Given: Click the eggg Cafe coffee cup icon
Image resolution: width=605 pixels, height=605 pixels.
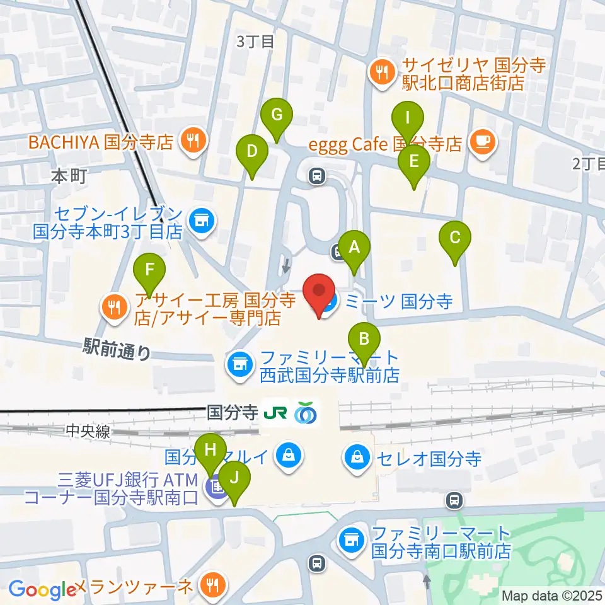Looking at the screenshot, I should tap(483, 143).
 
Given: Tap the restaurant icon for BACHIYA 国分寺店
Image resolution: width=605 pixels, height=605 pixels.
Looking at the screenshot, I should tap(193, 142).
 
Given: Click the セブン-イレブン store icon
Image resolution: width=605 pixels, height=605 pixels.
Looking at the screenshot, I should tap(202, 221).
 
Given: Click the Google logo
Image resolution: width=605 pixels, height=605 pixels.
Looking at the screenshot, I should tap(42, 590).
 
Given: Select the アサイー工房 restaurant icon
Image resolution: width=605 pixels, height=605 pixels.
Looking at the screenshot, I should tap(113, 308).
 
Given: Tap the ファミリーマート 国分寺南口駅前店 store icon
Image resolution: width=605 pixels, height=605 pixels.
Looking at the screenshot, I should tap(351, 539).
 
